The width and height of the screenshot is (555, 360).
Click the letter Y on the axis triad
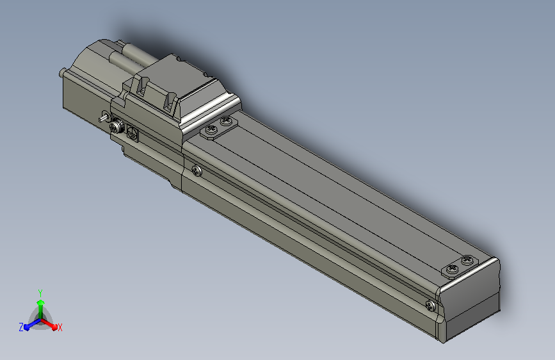pos(40,293)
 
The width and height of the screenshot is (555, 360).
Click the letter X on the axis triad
pos(60,327)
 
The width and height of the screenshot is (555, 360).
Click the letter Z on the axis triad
pos(21,327)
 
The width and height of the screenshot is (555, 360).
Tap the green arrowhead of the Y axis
pos(41,303)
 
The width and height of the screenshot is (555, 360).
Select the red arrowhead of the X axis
pos(54,327)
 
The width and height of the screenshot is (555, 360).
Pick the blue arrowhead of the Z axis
pos(26,327)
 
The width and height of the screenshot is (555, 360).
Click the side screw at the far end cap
pos(430,306)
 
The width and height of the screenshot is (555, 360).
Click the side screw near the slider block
pos(197,171)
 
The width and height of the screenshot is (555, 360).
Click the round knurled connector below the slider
pos(116,126)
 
